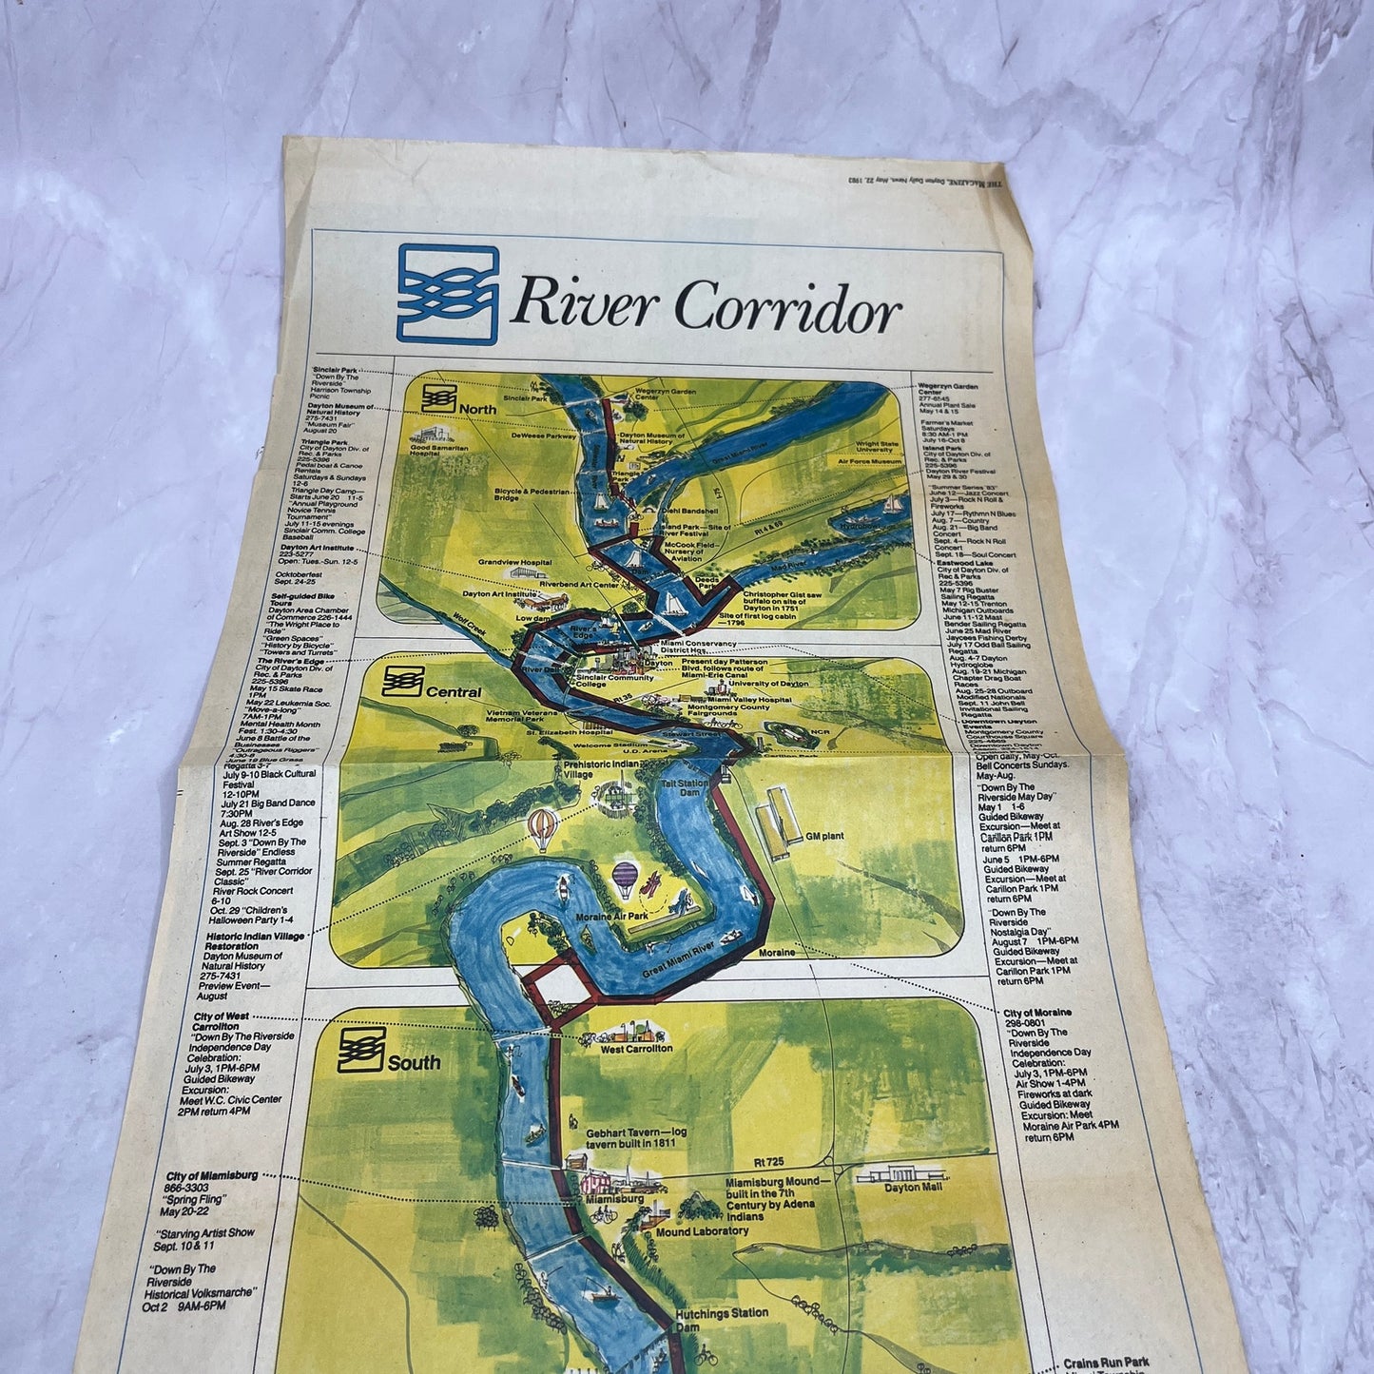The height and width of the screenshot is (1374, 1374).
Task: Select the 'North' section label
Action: (x=477, y=409)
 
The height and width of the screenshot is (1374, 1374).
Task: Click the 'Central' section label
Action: (x=454, y=691)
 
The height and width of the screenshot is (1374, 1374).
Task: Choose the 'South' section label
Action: (x=414, y=1062)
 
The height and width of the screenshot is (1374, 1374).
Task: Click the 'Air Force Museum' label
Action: (x=869, y=461)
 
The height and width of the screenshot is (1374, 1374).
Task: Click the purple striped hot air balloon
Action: (x=626, y=878)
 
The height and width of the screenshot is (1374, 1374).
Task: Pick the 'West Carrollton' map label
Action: (x=636, y=1048)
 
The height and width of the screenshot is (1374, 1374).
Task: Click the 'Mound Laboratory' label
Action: (x=702, y=1230)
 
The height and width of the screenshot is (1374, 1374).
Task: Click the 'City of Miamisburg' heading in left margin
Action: (x=211, y=1175)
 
